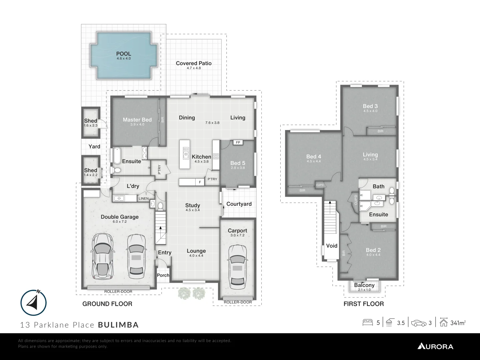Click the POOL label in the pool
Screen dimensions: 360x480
pos(123,54)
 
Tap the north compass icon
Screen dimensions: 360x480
pos(33,303)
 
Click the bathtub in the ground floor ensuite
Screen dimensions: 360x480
pos(117,156)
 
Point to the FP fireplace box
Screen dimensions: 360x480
pos(238,142)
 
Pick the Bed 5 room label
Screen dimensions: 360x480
pos(238,163)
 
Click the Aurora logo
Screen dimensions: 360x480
pos(435,346)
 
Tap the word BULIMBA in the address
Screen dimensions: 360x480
pos(118,325)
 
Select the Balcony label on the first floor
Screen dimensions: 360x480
pos(364,285)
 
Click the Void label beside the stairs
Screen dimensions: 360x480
pos(331,246)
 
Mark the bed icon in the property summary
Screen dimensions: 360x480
pos(368,323)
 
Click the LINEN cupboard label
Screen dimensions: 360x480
pos(143,199)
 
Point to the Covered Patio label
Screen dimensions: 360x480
pos(194,63)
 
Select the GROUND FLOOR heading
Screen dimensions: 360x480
pos(107,304)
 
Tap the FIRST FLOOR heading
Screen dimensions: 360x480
pos(364,304)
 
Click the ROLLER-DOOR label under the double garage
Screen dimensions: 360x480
pos(118,292)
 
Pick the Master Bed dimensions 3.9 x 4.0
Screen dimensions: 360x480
pos(137,124)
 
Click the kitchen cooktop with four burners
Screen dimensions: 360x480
pos(216,156)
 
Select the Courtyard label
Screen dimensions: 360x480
pos(239,204)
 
